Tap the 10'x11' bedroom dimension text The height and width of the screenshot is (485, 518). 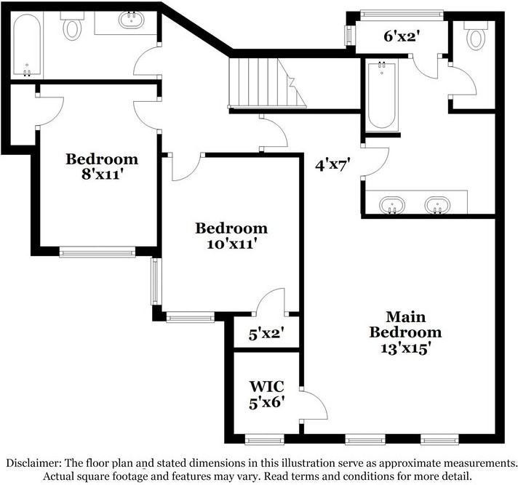[231, 244]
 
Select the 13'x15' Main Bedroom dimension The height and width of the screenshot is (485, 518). [406, 348]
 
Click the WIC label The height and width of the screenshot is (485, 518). [266, 386]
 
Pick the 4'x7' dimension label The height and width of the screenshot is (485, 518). [332, 165]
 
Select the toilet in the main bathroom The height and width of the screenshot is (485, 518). [475, 36]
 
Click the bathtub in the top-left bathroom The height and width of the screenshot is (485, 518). [27, 44]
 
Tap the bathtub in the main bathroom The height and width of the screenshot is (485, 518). [382, 95]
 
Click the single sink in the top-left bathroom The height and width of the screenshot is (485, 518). [132, 20]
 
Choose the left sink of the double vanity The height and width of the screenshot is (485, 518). [392, 205]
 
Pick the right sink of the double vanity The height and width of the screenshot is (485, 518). [437, 205]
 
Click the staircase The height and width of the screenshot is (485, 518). [267, 83]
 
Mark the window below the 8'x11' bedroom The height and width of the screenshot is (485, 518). [97, 252]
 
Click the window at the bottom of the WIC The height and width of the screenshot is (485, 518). [265, 439]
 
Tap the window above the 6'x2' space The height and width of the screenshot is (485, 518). [402, 15]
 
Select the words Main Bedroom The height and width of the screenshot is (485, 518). [406, 324]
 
